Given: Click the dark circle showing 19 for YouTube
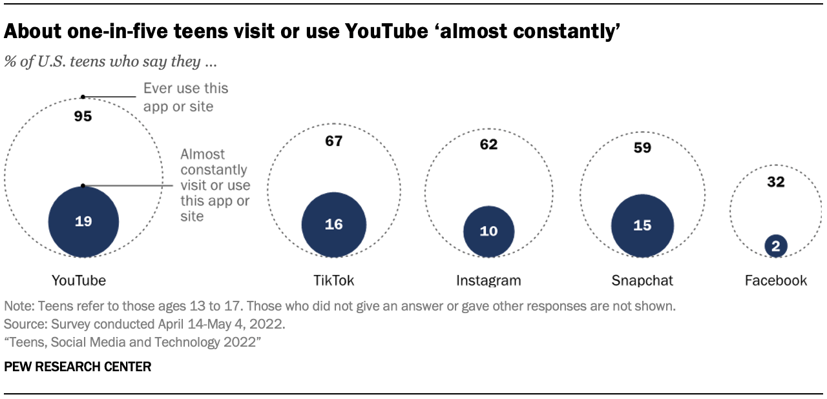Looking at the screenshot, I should [83, 221].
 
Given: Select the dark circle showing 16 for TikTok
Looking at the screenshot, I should [334, 224].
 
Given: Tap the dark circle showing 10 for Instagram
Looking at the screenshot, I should [489, 230].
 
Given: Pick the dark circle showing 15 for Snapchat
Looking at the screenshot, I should [643, 225].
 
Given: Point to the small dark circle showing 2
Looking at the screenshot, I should [776, 245].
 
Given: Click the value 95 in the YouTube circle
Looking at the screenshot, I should [83, 117].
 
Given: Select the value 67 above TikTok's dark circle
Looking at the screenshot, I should [334, 141].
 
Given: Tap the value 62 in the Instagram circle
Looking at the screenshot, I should [489, 144].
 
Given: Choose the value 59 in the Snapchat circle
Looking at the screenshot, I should [643, 148].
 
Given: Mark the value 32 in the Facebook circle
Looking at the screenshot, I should [776, 182].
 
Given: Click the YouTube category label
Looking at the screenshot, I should [79, 280].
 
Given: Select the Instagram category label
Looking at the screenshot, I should [488, 280].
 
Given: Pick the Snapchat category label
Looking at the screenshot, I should [642, 280].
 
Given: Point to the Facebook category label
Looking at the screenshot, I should [776, 280].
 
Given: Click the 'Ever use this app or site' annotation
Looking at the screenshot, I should [185, 96].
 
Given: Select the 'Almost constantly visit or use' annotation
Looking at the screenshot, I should [215, 185].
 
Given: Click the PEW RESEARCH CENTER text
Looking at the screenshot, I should [78, 367].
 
